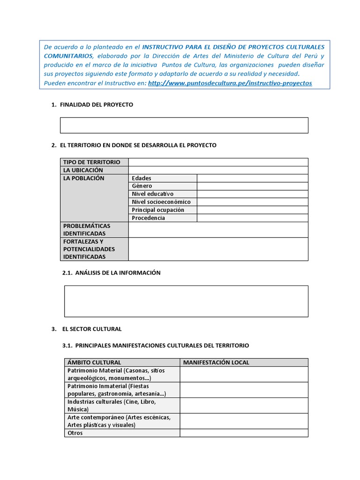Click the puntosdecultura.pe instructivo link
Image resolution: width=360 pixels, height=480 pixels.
(x=230, y=83)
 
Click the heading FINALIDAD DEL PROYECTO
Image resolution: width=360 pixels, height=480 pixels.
(x=97, y=105)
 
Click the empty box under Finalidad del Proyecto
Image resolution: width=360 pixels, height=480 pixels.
(x=184, y=125)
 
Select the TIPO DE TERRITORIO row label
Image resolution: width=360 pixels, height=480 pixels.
(x=92, y=162)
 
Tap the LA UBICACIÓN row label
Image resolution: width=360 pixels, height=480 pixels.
(x=83, y=170)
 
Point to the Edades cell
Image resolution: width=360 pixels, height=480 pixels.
(x=142, y=178)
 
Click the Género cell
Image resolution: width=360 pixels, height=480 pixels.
(x=142, y=186)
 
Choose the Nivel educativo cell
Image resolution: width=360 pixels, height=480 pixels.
(x=153, y=194)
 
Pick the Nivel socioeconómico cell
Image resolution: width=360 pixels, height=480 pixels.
(x=161, y=202)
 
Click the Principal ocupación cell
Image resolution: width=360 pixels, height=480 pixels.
(x=158, y=210)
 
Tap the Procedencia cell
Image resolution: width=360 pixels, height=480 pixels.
(x=149, y=218)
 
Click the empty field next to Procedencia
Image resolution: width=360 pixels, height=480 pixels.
(x=252, y=218)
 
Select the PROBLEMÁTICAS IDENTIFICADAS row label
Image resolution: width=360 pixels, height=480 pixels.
(x=87, y=230)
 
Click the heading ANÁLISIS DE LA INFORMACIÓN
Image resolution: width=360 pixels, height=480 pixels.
(x=118, y=273)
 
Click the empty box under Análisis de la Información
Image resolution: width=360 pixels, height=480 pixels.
(x=186, y=301)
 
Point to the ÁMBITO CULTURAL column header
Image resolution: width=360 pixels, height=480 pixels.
(x=94, y=362)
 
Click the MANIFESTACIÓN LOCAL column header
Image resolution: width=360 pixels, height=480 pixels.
(x=216, y=362)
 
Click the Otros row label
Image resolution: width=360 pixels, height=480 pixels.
(x=75, y=433)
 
